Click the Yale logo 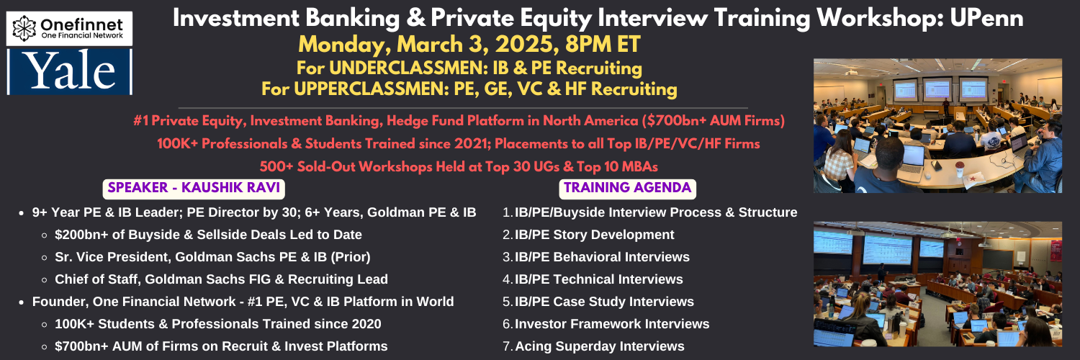70,71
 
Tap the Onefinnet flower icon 24,28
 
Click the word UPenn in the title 986,18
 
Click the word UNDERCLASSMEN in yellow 408,68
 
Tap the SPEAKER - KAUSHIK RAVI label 194,188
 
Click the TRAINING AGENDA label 627,188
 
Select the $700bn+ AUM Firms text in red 713,120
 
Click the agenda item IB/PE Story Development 594,235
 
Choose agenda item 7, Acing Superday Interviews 599,346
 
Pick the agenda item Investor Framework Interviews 612,324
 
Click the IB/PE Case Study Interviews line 604,302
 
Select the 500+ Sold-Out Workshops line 459,167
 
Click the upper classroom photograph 937,126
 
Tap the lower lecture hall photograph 937,284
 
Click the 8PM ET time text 603,45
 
